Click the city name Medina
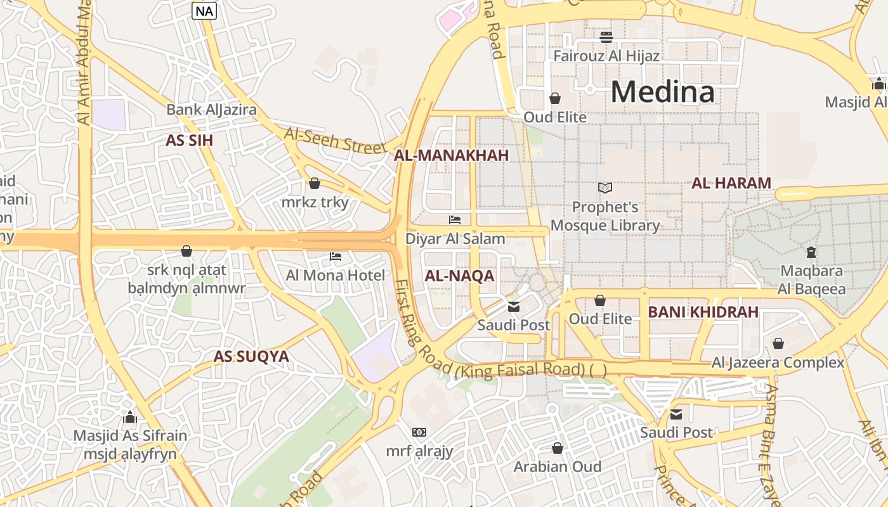coord(663,93)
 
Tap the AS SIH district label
coord(189,141)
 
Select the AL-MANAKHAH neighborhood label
coord(452,156)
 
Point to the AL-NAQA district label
coord(459,276)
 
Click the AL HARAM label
coord(731,184)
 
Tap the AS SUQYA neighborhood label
coord(251,356)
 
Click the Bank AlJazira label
coord(211,110)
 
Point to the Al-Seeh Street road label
coord(335,140)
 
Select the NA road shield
coord(204,11)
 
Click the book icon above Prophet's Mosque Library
coord(605,188)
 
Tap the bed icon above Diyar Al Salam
coord(455,220)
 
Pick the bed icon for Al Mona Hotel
coord(336,257)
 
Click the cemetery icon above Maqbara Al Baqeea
coord(811,252)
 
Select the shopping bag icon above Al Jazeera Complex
coord(778,343)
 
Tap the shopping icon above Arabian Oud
coord(557,448)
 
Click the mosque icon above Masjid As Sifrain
coord(130,417)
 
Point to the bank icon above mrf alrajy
coord(419,432)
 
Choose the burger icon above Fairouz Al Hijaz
coord(606,37)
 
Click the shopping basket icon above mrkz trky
coord(314,184)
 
